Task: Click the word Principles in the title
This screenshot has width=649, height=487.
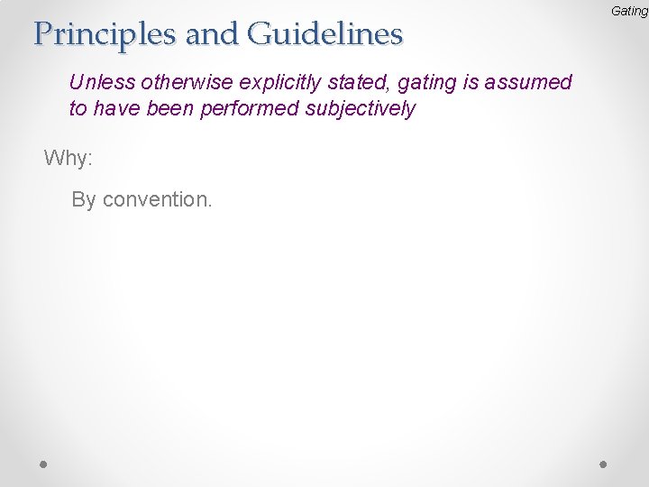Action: [104, 34]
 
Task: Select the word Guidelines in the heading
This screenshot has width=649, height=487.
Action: [324, 34]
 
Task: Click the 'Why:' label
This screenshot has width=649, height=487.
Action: [69, 159]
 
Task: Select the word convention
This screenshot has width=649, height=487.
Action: [158, 199]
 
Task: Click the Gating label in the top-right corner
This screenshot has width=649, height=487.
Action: [629, 11]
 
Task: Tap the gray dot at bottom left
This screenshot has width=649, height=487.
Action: [43, 463]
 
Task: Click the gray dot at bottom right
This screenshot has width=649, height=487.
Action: [604, 463]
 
